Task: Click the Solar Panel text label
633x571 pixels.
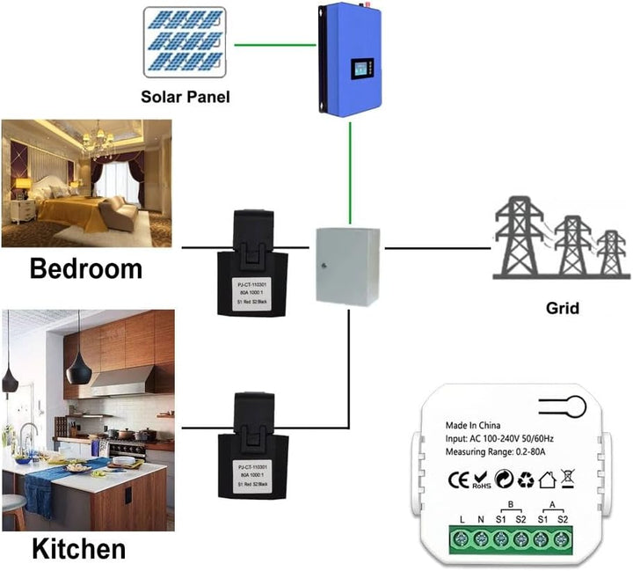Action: coord(186,96)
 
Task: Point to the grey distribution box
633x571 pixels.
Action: coord(347,266)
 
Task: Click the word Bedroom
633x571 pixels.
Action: coord(86,268)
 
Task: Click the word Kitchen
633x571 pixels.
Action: coord(79,550)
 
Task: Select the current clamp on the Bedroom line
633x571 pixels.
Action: coord(258,263)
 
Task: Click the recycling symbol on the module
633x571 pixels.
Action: coord(527,480)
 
